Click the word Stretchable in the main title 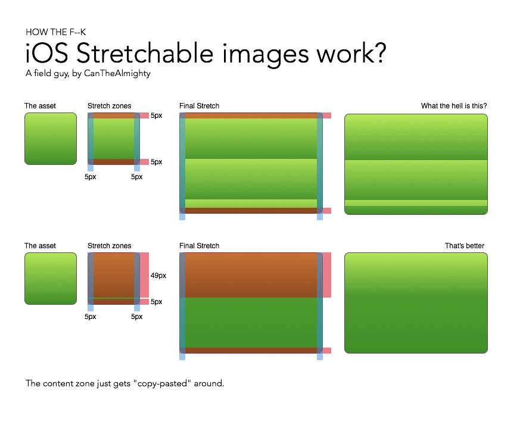(x=145, y=53)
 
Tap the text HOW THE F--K (x=55, y=32)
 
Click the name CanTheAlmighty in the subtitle (x=117, y=73)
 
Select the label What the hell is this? (x=454, y=106)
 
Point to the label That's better (x=465, y=246)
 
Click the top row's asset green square (x=51, y=139)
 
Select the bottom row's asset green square (x=51, y=279)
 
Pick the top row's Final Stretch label (x=200, y=106)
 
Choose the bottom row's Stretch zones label (x=110, y=246)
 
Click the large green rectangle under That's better (x=416, y=303)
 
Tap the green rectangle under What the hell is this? (x=416, y=164)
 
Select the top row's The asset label (x=41, y=106)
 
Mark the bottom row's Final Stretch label (x=200, y=246)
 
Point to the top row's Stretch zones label (x=110, y=106)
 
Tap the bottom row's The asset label (x=41, y=246)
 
